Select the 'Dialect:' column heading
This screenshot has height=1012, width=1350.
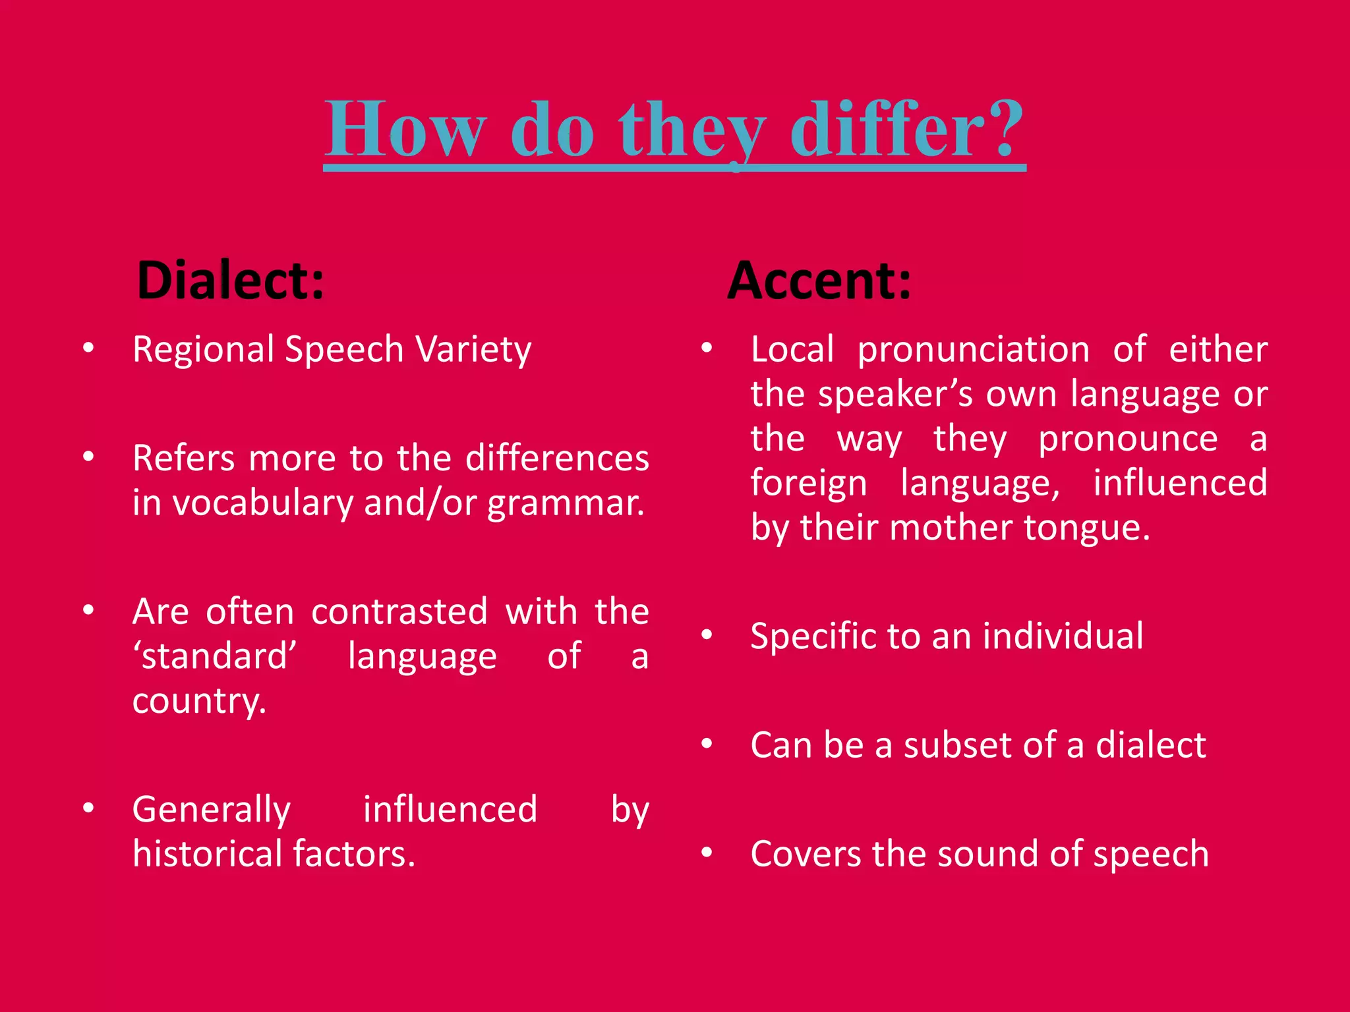231,281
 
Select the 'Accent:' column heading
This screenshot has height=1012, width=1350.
819,281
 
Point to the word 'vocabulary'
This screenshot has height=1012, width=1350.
262,504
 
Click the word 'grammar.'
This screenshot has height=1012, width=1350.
566,504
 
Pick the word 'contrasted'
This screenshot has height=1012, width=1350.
399,611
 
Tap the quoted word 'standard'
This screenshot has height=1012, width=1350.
215,656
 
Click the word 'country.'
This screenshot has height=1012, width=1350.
199,701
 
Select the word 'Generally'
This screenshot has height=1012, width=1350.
211,810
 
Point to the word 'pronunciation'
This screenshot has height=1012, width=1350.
974,350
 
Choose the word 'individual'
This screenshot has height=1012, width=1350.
1063,636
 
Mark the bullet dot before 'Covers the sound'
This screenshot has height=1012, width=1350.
707,853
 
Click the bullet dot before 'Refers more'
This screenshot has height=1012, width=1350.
88,456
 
